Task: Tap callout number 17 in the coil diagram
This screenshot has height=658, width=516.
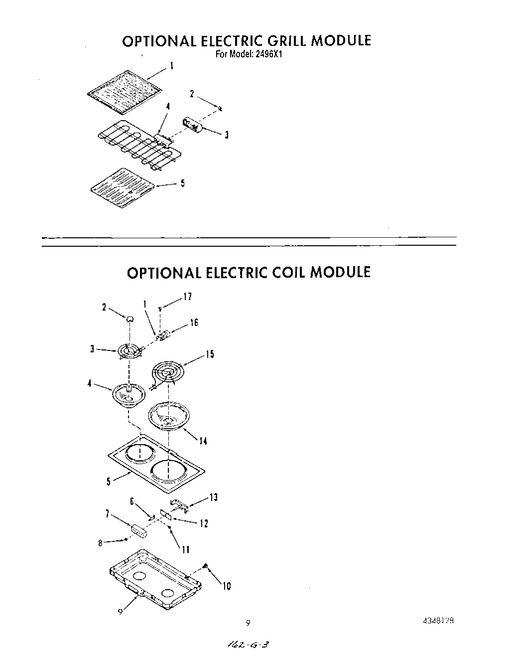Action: point(187,297)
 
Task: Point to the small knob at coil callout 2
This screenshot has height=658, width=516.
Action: point(129,319)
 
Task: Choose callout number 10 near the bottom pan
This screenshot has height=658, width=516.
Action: point(226,587)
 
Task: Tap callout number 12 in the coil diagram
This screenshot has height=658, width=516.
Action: point(204,523)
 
